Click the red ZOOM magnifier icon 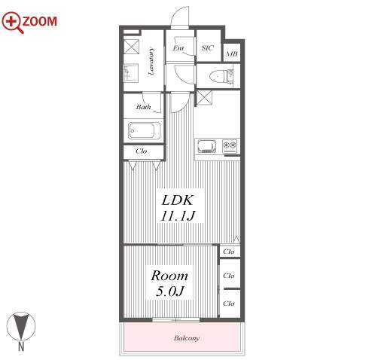click(13, 22)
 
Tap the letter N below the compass click(21, 346)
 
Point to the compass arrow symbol click(21, 326)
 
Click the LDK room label click(178, 200)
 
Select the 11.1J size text click(178, 215)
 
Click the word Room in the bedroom click(169, 276)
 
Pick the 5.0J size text click(170, 291)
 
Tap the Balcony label click(187, 338)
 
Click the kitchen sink click(207, 146)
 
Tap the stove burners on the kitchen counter click(230, 146)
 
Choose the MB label click(232, 53)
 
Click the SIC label click(208, 47)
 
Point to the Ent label click(178, 48)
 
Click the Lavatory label click(151, 61)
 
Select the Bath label click(143, 107)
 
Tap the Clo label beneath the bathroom click(142, 151)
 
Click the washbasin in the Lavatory click(131, 73)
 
